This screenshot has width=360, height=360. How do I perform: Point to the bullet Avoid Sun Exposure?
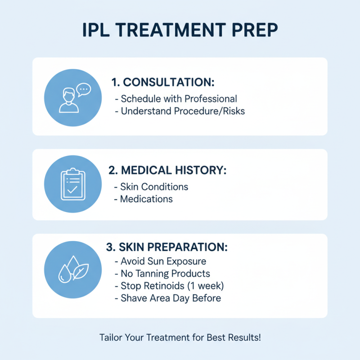(x=163, y=261)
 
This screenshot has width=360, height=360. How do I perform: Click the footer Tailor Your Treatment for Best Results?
(x=180, y=337)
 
